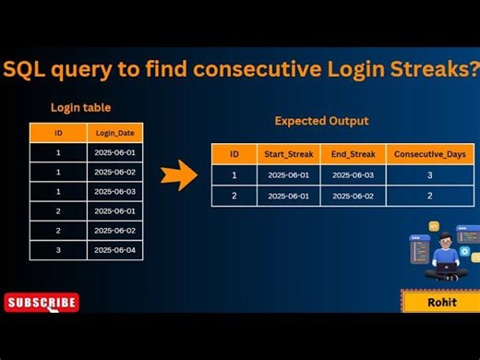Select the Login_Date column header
point(115,134)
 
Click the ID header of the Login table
point(57,134)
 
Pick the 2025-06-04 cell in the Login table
point(115,250)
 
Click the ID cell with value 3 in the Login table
point(57,250)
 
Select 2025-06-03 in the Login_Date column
point(115,192)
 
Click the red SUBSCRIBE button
point(42,302)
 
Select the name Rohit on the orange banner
point(439,303)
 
